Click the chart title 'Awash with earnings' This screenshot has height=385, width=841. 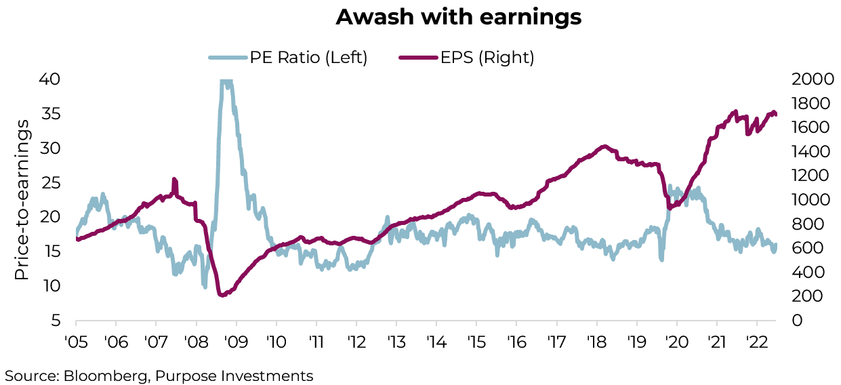[x=459, y=18]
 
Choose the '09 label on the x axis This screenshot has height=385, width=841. [x=236, y=340]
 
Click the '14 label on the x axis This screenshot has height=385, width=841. [x=436, y=340]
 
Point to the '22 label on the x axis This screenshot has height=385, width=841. [x=756, y=340]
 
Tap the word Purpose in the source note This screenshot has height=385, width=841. [x=180, y=375]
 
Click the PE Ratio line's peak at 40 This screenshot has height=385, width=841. [x=226, y=82]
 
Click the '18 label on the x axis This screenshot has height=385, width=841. [x=596, y=340]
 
